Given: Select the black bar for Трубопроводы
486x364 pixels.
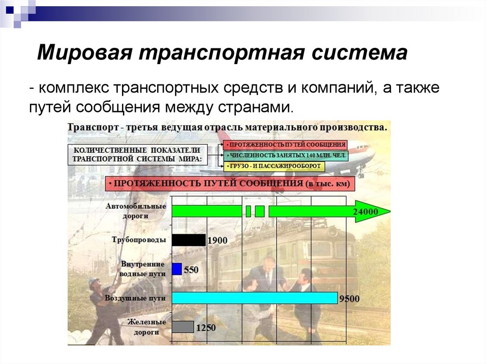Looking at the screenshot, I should point(188,240).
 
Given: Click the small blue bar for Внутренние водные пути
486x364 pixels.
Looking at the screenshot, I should point(177,269).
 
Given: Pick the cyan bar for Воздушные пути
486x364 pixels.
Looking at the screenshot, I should point(254,298).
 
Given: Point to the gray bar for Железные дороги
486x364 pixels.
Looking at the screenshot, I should point(183,327).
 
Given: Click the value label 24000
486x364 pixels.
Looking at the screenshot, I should point(365,212).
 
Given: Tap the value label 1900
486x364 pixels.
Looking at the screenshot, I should point(217,241).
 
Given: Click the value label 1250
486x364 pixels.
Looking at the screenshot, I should point(206,327).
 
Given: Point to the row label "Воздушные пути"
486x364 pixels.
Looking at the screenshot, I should point(135,298).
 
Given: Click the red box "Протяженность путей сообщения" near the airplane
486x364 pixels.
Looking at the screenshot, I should point(286,144).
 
